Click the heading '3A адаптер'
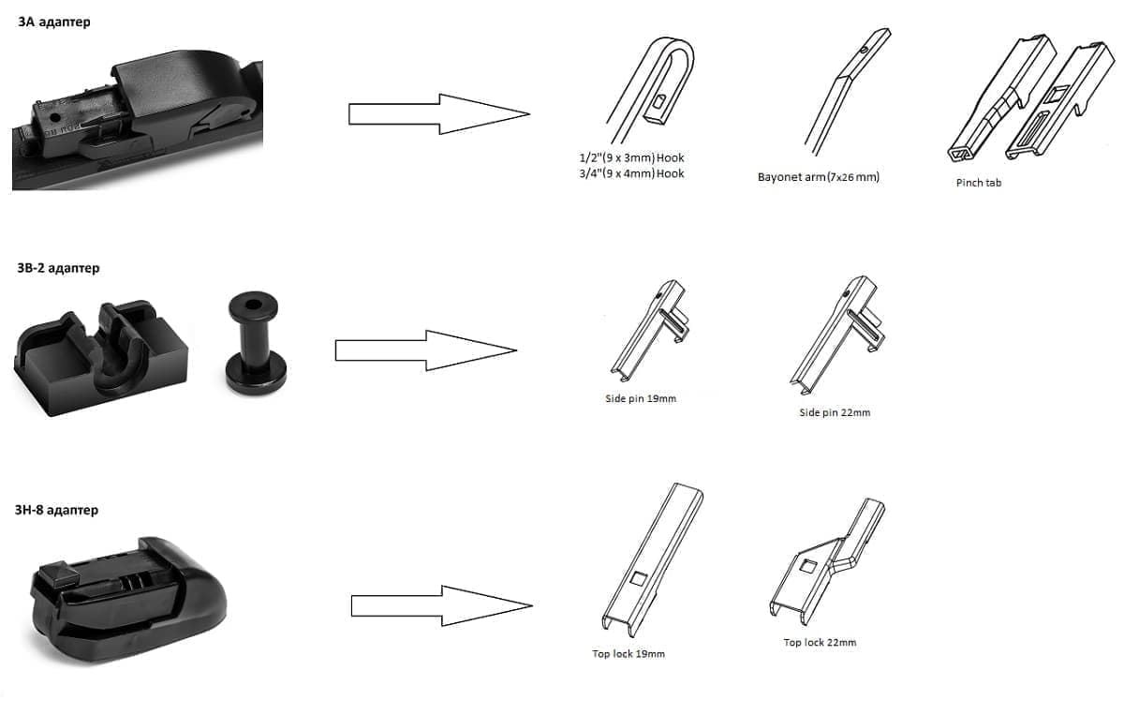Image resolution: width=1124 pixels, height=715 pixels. tap(54, 22)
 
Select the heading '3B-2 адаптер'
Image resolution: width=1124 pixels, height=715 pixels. tap(58, 268)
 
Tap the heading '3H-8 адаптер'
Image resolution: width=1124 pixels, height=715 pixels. tap(56, 510)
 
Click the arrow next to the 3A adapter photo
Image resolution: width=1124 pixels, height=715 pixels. tap(439, 114)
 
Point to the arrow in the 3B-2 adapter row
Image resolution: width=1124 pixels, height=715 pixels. tap(425, 350)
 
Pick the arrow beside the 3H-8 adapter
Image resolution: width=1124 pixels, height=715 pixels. tap(441, 605)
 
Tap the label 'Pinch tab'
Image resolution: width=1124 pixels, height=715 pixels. tap(979, 183)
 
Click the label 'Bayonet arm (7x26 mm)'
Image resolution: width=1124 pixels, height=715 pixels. tap(819, 177)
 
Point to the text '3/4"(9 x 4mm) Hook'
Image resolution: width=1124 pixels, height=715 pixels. tap(631, 173)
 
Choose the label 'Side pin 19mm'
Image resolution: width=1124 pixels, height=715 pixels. tap(641, 398)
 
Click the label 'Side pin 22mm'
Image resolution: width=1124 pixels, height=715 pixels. tap(835, 412)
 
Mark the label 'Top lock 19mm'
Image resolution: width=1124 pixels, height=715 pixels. tap(629, 654)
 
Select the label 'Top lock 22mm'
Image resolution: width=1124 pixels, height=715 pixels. tap(820, 642)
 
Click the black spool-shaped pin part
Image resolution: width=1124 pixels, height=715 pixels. tap(255, 342)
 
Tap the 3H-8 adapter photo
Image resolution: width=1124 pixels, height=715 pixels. tap(128, 600)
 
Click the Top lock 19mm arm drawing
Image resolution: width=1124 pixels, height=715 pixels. tap(652, 559)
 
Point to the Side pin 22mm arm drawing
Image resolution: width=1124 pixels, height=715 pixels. tap(837, 335)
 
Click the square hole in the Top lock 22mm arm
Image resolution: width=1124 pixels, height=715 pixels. tap(807, 566)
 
